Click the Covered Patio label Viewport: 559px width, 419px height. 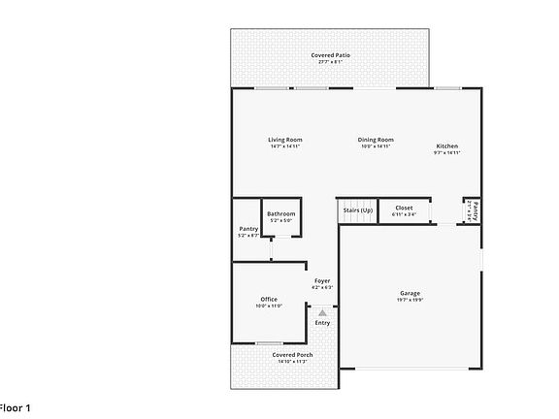click(331, 55)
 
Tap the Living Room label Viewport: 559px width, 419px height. click(285, 140)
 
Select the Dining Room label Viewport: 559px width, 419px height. click(376, 140)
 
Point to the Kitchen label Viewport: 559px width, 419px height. click(446, 146)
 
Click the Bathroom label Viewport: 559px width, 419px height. click(281, 213)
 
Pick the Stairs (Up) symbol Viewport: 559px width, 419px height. click(356, 209)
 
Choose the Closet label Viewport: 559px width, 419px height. click(404, 208)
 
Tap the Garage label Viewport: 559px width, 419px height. click(411, 293)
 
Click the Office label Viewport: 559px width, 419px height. click(269, 299)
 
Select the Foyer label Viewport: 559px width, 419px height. click(322, 281)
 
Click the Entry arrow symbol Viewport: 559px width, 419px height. click(322, 311)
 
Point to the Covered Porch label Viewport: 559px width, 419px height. click(291, 355)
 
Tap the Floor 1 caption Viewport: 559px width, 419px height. click(15, 408)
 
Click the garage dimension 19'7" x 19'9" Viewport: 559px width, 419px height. click(411, 300)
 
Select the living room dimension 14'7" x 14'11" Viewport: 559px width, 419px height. click(285, 146)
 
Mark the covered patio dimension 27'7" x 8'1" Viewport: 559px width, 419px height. click(331, 62)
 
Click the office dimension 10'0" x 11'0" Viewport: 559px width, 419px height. click(269, 306)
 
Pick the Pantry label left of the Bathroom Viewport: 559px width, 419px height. click(248, 229)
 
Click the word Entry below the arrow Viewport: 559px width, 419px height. click(322, 323)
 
